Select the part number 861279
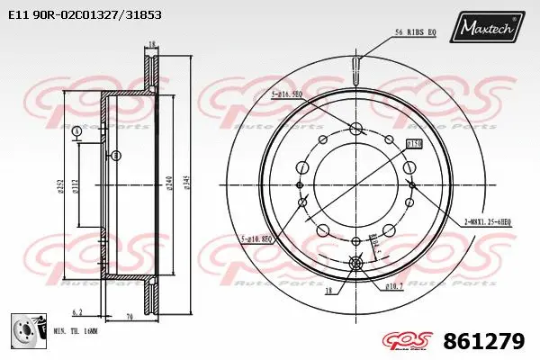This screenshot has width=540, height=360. click(x=483, y=342)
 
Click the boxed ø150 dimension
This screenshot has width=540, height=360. click(x=414, y=143)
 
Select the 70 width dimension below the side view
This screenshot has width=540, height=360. click(x=130, y=318)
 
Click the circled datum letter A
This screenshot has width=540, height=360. click(x=77, y=131)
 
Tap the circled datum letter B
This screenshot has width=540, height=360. click(x=117, y=156)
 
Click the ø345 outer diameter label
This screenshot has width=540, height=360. click(x=187, y=185)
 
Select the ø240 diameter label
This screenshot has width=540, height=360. click(x=167, y=185)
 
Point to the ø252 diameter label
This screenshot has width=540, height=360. click(x=60, y=185)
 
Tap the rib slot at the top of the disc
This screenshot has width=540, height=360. click(x=356, y=66)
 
